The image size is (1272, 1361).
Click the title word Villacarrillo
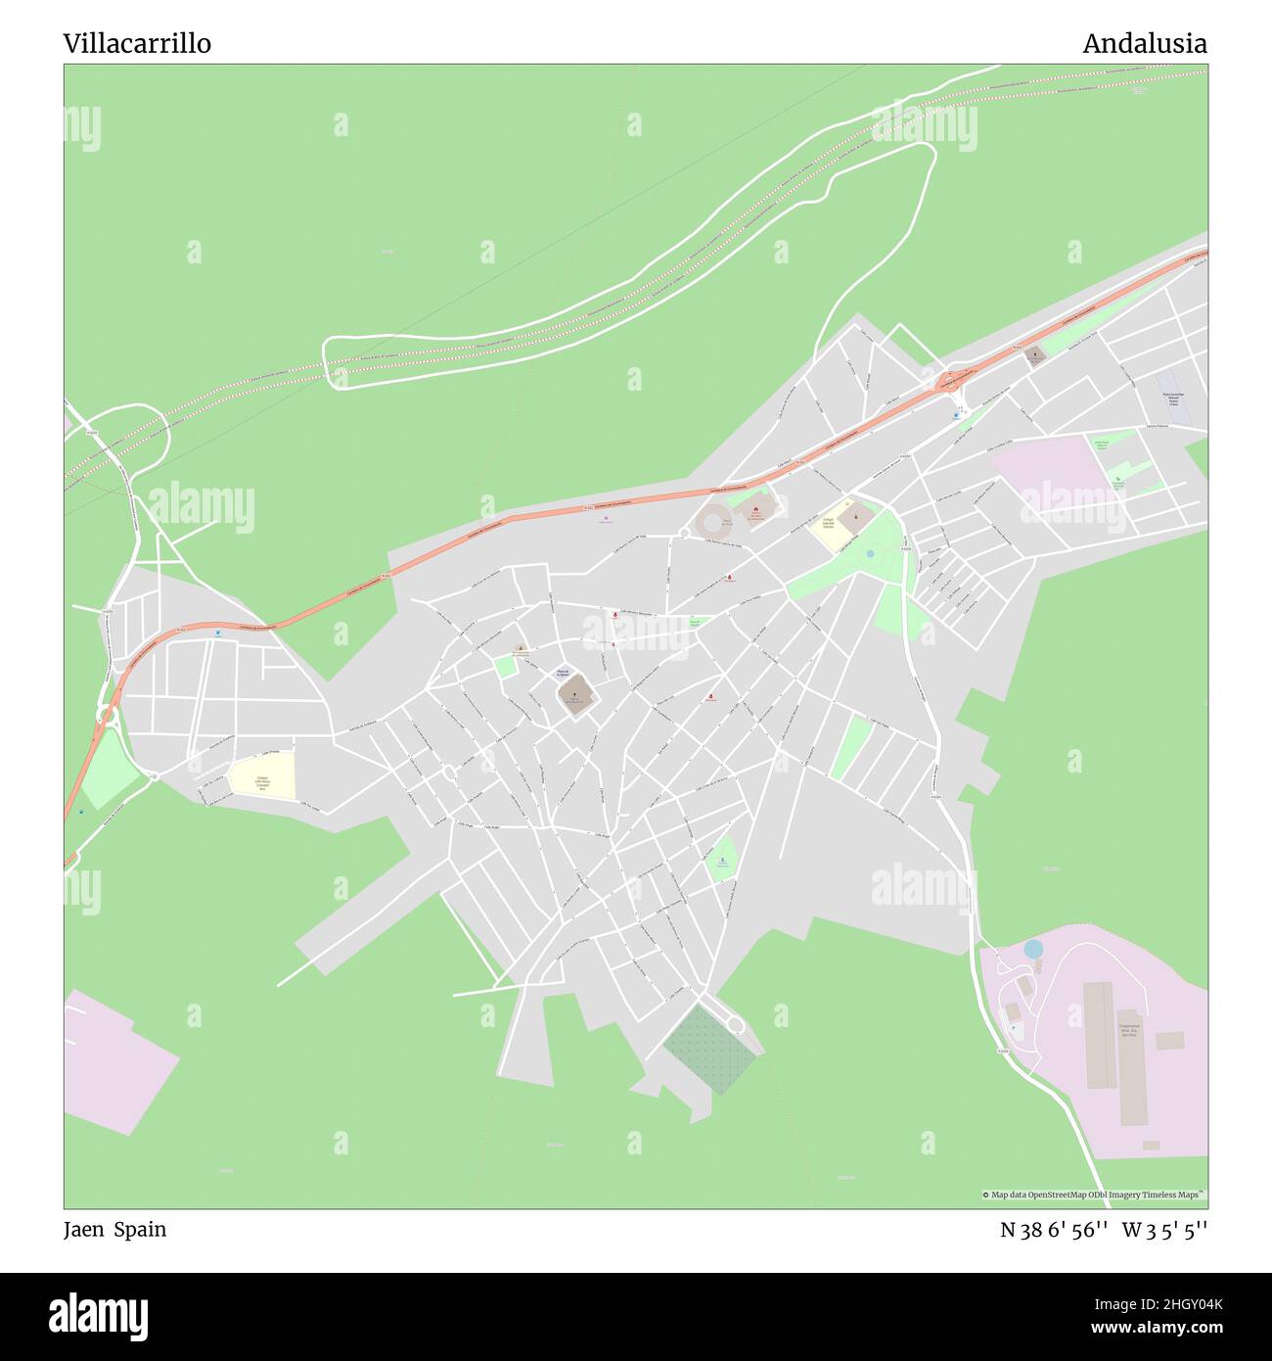(137, 43)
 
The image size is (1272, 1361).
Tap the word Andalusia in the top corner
(1144, 43)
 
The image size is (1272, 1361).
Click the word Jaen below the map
(84, 1229)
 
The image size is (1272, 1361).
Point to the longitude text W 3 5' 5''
(1164, 1230)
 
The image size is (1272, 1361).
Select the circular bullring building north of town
(711, 519)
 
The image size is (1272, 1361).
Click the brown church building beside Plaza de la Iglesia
(575, 693)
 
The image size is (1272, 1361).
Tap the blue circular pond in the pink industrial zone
(1033, 948)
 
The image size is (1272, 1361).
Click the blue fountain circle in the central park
(870, 553)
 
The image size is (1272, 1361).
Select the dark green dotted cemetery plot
(710, 1049)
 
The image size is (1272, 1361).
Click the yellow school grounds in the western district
(262, 777)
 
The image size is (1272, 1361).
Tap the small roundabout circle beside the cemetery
(736, 1025)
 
